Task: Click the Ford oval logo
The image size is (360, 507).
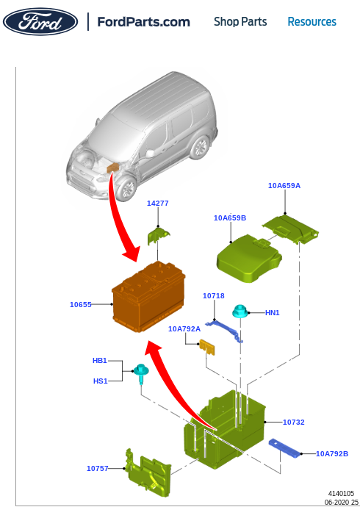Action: point(40,22)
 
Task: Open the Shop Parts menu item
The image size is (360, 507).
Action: point(240,22)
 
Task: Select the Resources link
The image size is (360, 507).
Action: point(312,22)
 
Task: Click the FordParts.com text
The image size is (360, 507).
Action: point(143,22)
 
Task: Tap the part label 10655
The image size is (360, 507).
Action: point(81,304)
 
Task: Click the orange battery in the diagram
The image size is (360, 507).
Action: point(148,300)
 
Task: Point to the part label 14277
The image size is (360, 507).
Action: point(157,204)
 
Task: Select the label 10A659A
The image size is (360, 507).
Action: point(284,186)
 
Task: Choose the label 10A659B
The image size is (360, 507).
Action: point(230,218)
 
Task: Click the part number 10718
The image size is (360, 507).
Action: point(213,295)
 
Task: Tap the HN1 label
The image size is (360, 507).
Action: point(272,313)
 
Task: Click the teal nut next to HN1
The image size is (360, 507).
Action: point(239,312)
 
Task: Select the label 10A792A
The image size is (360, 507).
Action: point(184,329)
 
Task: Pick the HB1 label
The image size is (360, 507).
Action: point(100,361)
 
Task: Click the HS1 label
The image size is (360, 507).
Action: point(100,381)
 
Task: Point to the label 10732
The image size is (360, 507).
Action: point(293,422)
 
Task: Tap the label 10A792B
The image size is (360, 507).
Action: point(332,454)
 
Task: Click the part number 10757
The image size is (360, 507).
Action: point(97,468)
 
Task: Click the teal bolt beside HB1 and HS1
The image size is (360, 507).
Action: point(140,373)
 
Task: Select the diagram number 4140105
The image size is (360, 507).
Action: point(341,494)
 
